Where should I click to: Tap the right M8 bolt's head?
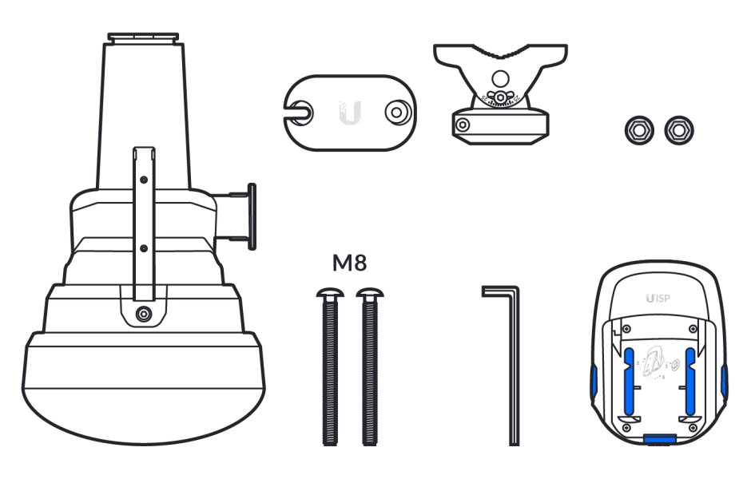click(x=369, y=295)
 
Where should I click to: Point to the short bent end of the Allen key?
click(x=497, y=291)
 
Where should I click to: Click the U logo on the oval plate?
click(x=350, y=112)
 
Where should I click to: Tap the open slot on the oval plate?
click(x=300, y=112)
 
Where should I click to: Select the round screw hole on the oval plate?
click(x=394, y=112)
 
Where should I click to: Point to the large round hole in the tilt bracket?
click(x=500, y=78)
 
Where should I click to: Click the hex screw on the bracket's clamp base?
click(x=461, y=123)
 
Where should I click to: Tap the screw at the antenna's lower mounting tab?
click(x=143, y=314)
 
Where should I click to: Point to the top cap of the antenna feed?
click(x=145, y=37)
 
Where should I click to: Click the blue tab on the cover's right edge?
click(x=723, y=381)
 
